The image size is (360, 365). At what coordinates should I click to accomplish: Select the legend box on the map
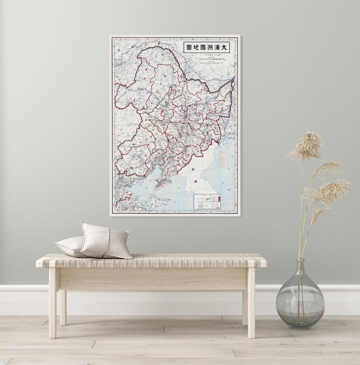pyautogui.click(x=207, y=202)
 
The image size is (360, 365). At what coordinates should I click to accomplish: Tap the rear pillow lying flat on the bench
pyautogui.click(x=70, y=246)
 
